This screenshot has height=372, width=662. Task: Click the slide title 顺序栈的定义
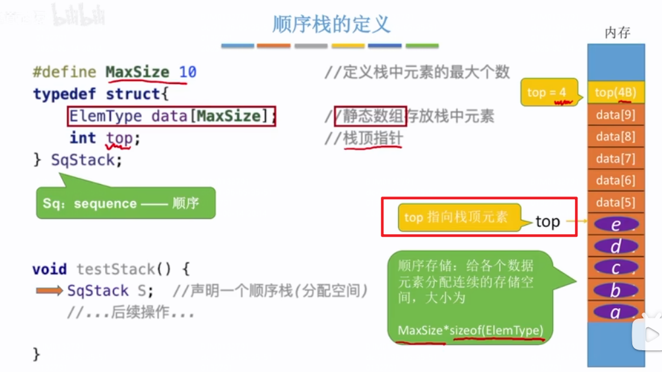pyautogui.click(x=331, y=24)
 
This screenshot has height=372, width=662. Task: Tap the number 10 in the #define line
pyautogui.click(x=187, y=72)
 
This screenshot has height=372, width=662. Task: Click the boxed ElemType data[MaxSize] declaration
pyautogui.click(x=172, y=117)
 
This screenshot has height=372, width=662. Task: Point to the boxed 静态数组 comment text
pyautogui.click(x=370, y=117)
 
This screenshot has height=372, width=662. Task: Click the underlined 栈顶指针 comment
pyautogui.click(x=372, y=139)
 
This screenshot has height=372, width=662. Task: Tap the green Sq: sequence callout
pyautogui.click(x=125, y=203)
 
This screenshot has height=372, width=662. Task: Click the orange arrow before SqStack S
pyautogui.click(x=50, y=291)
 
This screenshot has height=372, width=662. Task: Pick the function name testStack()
pyautogui.click(x=124, y=269)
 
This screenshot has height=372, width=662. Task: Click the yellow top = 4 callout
pyautogui.click(x=546, y=93)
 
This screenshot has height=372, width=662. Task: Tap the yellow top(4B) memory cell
pyautogui.click(x=615, y=93)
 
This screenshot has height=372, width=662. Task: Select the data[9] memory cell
pyautogui.click(x=615, y=115)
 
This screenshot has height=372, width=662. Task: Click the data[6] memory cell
pyautogui.click(x=615, y=180)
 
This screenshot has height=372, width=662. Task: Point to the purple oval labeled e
pyautogui.click(x=616, y=225)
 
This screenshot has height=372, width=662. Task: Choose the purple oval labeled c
pyautogui.click(x=616, y=268)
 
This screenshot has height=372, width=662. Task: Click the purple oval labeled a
pyautogui.click(x=616, y=312)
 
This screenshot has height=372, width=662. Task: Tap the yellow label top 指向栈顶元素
pyautogui.click(x=456, y=217)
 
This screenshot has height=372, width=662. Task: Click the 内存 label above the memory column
pyautogui.click(x=617, y=33)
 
